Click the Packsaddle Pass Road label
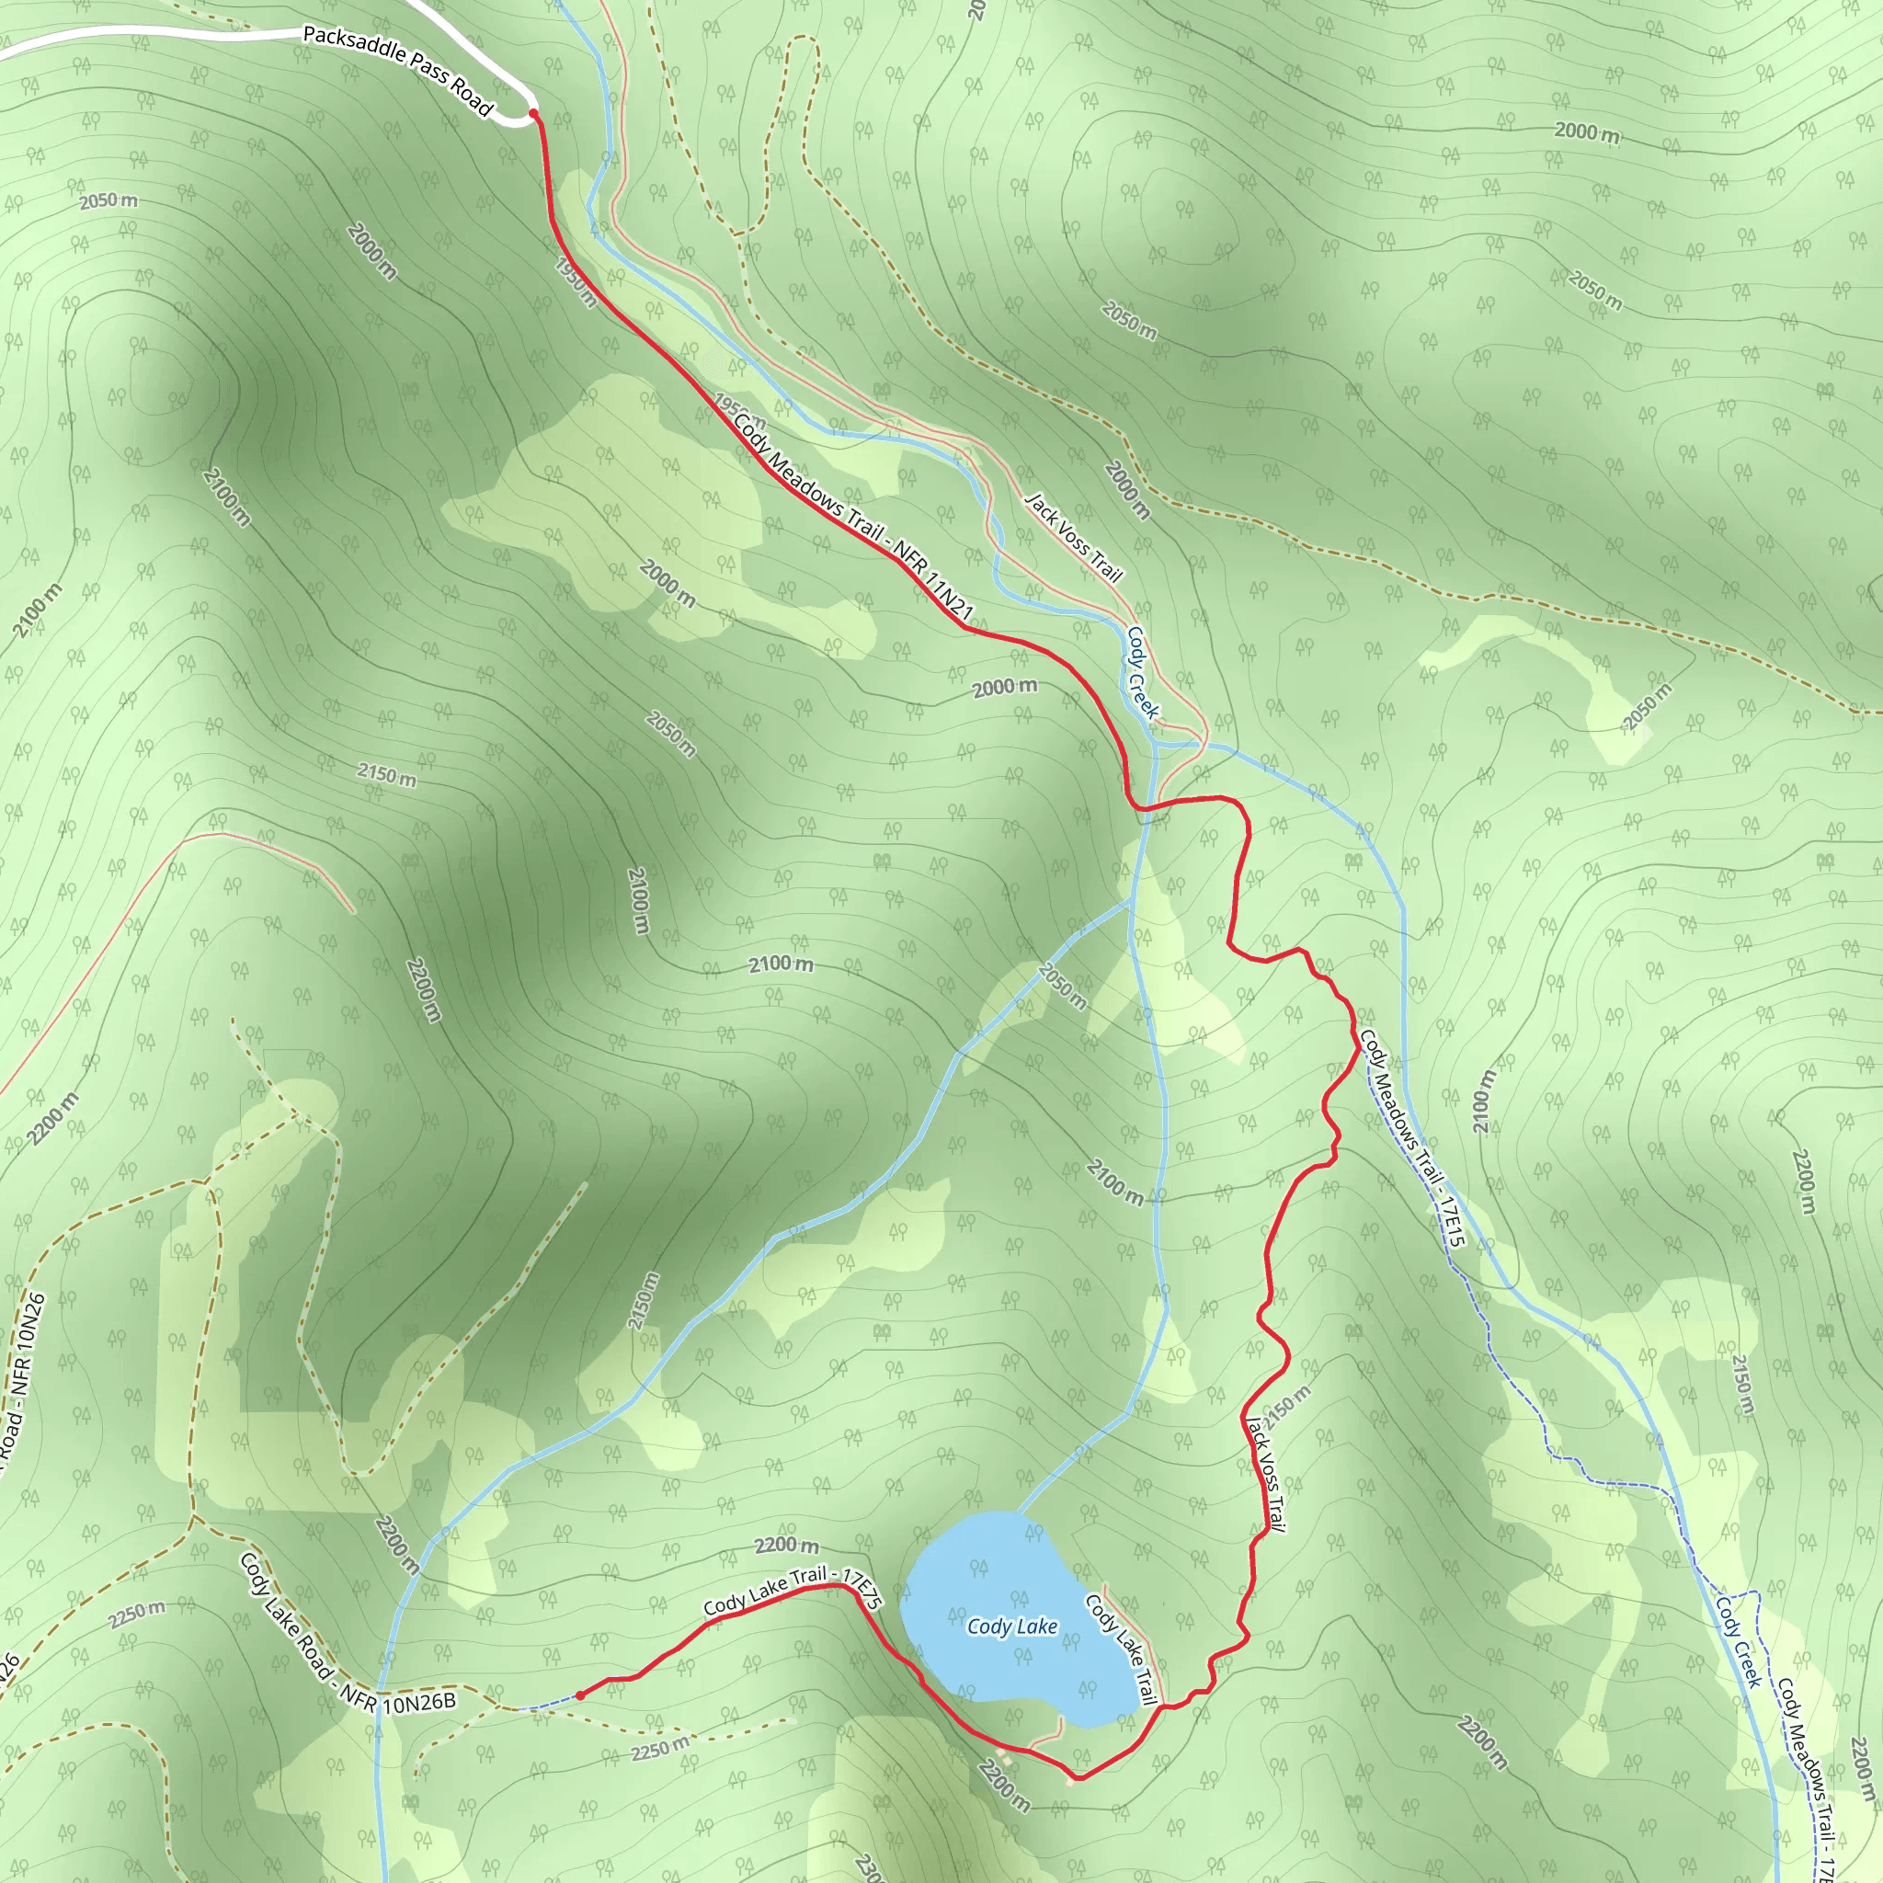pos(397,69)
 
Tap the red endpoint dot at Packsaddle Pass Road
pos(533,114)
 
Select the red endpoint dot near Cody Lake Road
pos(580,1695)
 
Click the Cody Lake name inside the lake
pos(1011,1626)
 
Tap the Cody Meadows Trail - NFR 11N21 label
pos(854,518)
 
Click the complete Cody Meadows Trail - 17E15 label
pos(1412,1137)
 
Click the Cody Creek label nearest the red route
pos(1142,672)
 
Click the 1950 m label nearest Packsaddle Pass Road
pos(575,282)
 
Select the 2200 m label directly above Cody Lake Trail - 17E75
pos(786,1546)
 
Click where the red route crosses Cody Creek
pos(1150,806)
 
